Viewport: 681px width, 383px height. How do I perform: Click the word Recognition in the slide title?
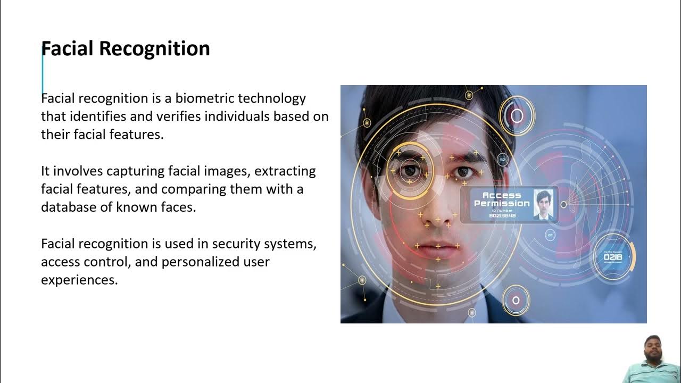155,49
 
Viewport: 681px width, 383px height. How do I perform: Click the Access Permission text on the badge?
501,199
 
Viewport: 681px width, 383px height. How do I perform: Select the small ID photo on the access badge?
543,205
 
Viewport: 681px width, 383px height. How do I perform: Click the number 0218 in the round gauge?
613,257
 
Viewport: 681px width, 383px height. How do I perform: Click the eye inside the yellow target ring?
410,170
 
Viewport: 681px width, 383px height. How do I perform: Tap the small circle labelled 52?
502,159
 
